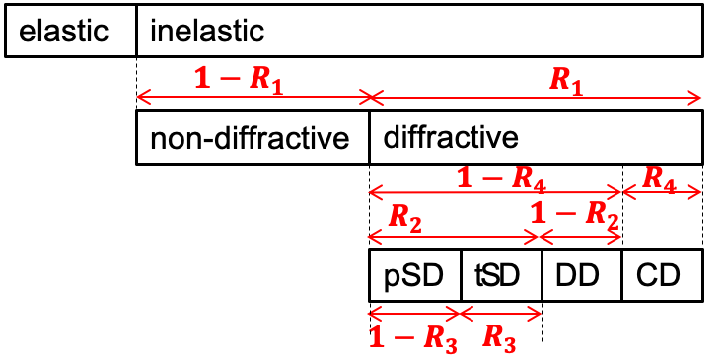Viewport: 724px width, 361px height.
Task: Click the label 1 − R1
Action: [239, 79]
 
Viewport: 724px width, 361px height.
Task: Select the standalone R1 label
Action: [566, 80]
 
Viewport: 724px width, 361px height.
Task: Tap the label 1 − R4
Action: [501, 178]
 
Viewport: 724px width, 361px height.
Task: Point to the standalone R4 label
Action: [659, 178]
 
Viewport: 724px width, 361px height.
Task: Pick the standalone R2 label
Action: [404, 217]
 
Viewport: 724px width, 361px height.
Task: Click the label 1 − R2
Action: [574, 213]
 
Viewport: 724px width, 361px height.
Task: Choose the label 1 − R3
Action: [412, 337]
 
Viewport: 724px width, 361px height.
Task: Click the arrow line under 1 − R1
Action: [253, 97]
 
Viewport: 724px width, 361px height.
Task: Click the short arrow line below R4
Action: [662, 192]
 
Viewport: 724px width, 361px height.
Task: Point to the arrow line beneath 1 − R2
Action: [581, 237]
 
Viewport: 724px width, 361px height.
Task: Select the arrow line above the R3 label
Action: [501, 314]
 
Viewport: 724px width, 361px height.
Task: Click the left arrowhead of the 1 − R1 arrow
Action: [139, 97]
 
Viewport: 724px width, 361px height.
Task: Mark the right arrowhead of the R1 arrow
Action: [697, 97]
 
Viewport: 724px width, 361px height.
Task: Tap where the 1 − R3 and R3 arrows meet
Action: [460, 314]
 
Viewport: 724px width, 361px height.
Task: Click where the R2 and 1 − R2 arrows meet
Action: [539, 237]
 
